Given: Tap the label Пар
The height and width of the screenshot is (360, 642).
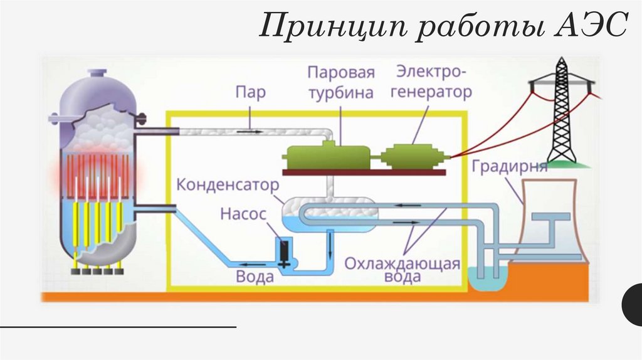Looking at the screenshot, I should point(250,93).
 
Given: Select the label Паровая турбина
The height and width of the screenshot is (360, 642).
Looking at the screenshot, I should point(341,82).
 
